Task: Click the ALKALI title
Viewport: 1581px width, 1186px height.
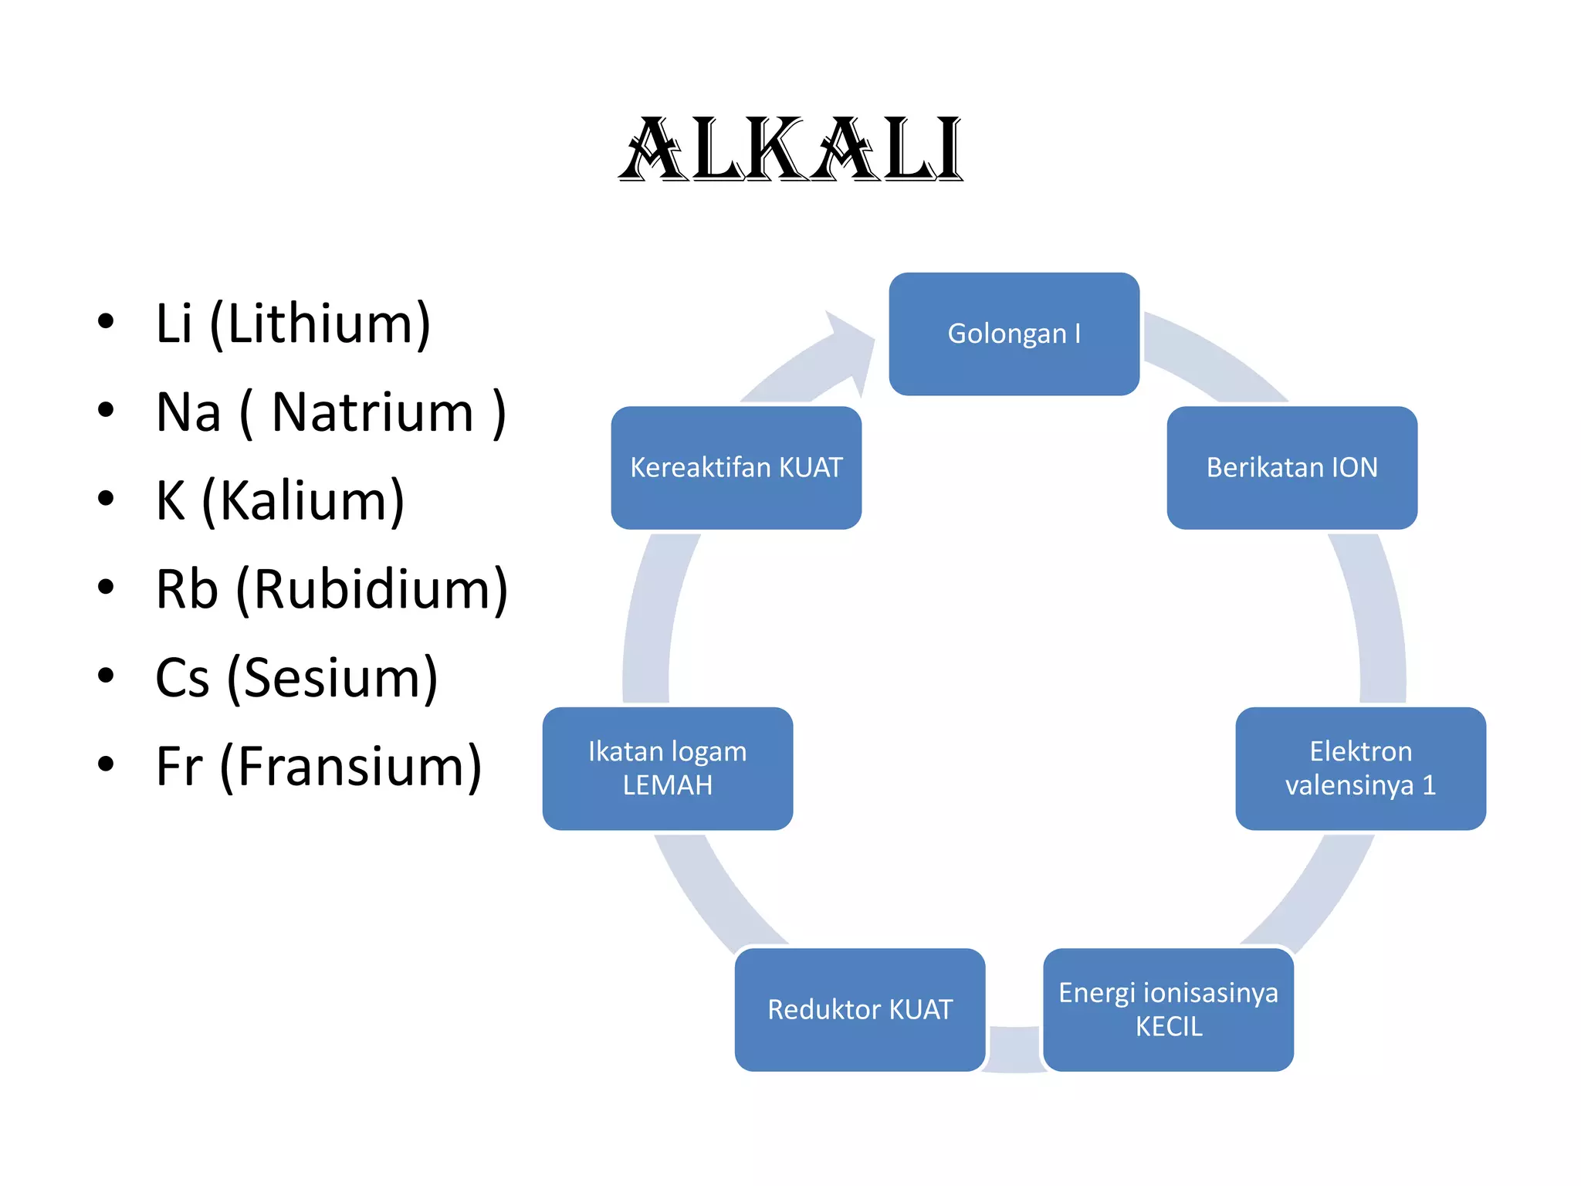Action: click(790, 150)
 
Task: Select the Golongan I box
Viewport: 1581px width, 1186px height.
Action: click(1014, 334)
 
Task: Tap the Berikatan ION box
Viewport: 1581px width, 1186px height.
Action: click(1292, 467)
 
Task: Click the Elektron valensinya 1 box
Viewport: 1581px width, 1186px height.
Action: click(1360, 768)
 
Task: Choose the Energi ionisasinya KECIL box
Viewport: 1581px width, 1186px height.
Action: click(1168, 1009)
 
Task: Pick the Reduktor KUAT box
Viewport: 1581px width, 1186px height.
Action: click(859, 1009)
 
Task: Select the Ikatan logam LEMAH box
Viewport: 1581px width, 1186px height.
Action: click(667, 768)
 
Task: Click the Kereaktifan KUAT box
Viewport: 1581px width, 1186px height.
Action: click(736, 467)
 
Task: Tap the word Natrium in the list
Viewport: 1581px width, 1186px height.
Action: click(372, 412)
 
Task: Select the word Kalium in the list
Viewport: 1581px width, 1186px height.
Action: click(303, 500)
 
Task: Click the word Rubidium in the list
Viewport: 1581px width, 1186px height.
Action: click(372, 589)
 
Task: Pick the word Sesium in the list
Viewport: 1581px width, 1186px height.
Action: click(332, 678)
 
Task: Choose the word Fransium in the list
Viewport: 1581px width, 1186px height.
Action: click(350, 766)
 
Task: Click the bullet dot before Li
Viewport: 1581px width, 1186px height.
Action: click(106, 321)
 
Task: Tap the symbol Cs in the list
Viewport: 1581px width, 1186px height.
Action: click(182, 678)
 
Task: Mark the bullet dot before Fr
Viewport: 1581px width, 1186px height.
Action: click(106, 764)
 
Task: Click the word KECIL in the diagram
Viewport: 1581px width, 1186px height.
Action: click(1168, 1027)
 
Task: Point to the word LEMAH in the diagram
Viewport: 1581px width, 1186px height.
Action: click(667, 785)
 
